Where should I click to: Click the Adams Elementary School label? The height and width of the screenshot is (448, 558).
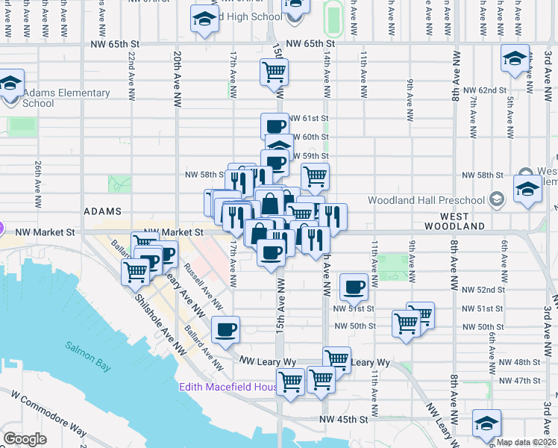(x=66, y=98)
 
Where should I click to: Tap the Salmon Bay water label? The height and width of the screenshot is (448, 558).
(x=88, y=347)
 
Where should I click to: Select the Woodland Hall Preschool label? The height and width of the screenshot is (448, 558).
(x=427, y=200)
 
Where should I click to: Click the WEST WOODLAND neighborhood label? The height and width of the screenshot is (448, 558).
(x=455, y=225)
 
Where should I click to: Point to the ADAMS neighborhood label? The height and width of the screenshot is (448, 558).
(x=103, y=212)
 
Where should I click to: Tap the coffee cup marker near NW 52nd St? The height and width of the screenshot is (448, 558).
(x=354, y=286)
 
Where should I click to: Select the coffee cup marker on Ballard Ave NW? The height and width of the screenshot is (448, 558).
(x=225, y=329)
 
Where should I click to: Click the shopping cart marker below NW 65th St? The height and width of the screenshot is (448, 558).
(x=274, y=72)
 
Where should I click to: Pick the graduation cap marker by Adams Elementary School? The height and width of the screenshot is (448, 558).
(x=10, y=83)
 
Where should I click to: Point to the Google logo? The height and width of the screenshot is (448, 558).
(x=25, y=438)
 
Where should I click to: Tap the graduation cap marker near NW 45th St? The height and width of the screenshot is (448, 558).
(x=486, y=424)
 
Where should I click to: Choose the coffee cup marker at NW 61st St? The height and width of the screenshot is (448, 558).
(x=275, y=125)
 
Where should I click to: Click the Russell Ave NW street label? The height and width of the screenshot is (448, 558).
(x=204, y=287)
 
